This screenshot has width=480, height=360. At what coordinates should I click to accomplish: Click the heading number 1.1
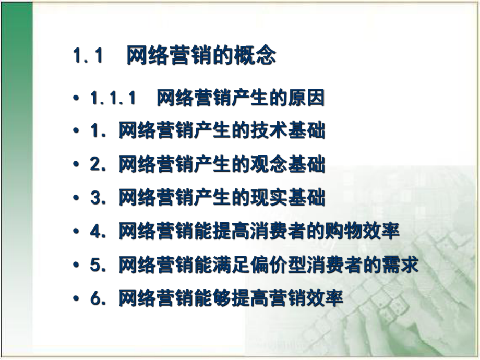click(87, 56)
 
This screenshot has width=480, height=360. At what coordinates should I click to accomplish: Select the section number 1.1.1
click(113, 98)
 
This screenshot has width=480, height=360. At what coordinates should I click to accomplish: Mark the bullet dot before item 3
click(77, 199)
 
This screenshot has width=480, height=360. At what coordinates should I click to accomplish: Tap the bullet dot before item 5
click(77, 266)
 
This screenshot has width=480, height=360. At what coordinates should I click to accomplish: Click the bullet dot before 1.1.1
click(77, 98)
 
